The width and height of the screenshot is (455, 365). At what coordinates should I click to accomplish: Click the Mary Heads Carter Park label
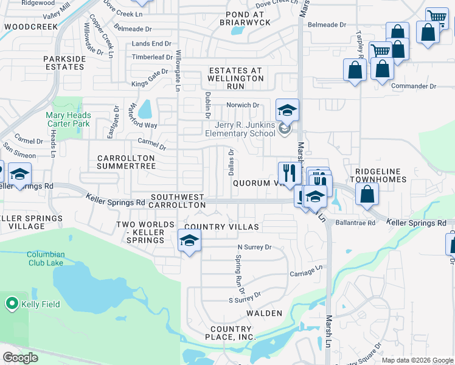(68, 119)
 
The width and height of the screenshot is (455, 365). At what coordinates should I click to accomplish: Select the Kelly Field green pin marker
(12, 304)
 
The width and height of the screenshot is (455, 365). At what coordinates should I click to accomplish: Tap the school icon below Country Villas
(189, 242)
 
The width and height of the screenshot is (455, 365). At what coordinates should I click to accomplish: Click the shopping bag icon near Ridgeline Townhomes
(367, 195)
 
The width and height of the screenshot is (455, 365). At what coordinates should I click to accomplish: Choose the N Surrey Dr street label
(254, 248)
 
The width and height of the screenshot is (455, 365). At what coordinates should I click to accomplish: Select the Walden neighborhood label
(264, 313)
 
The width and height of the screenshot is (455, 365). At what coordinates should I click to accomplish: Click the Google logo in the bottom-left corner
(20, 358)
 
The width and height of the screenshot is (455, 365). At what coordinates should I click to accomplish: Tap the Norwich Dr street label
(243, 105)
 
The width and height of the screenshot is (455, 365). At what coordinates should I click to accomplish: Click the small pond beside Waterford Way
(145, 110)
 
